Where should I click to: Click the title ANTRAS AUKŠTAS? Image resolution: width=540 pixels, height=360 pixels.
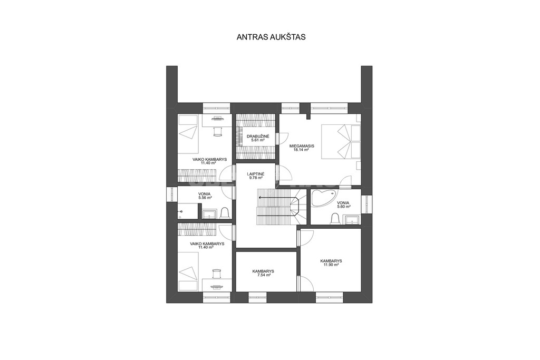pos(271,37)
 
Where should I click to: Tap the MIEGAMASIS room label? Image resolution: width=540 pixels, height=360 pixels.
pos(302,146)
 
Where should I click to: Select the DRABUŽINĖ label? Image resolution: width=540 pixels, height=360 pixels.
pos(258,137)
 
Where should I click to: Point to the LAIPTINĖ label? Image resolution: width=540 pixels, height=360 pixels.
pos(256,174)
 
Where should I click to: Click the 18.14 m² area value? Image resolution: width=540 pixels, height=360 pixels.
pos(302,150)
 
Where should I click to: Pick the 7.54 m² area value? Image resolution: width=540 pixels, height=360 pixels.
pos(263,275)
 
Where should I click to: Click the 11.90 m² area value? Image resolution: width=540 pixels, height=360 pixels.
pos(331,265)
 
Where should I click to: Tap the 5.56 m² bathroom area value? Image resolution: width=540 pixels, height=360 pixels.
pos(205,198)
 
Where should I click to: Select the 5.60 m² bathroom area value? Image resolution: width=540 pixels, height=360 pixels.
pos(344,207)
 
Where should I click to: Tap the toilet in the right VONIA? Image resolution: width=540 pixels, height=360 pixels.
pos(334,219)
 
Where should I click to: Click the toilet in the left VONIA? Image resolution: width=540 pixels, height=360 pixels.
pos(224,213)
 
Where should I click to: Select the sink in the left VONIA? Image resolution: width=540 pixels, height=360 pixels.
pos(209,215)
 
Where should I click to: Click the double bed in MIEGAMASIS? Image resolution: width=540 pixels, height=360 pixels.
pos(341,141)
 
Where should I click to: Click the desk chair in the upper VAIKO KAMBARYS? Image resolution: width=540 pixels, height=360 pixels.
pos(217,131)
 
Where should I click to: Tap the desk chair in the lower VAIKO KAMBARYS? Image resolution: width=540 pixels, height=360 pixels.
pos(217,274)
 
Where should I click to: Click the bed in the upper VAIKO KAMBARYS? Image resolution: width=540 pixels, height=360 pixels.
pos(188,134)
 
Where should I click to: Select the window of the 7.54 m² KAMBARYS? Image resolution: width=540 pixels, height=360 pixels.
pos(257,297)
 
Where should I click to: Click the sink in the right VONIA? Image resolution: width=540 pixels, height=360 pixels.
pos(352,220)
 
